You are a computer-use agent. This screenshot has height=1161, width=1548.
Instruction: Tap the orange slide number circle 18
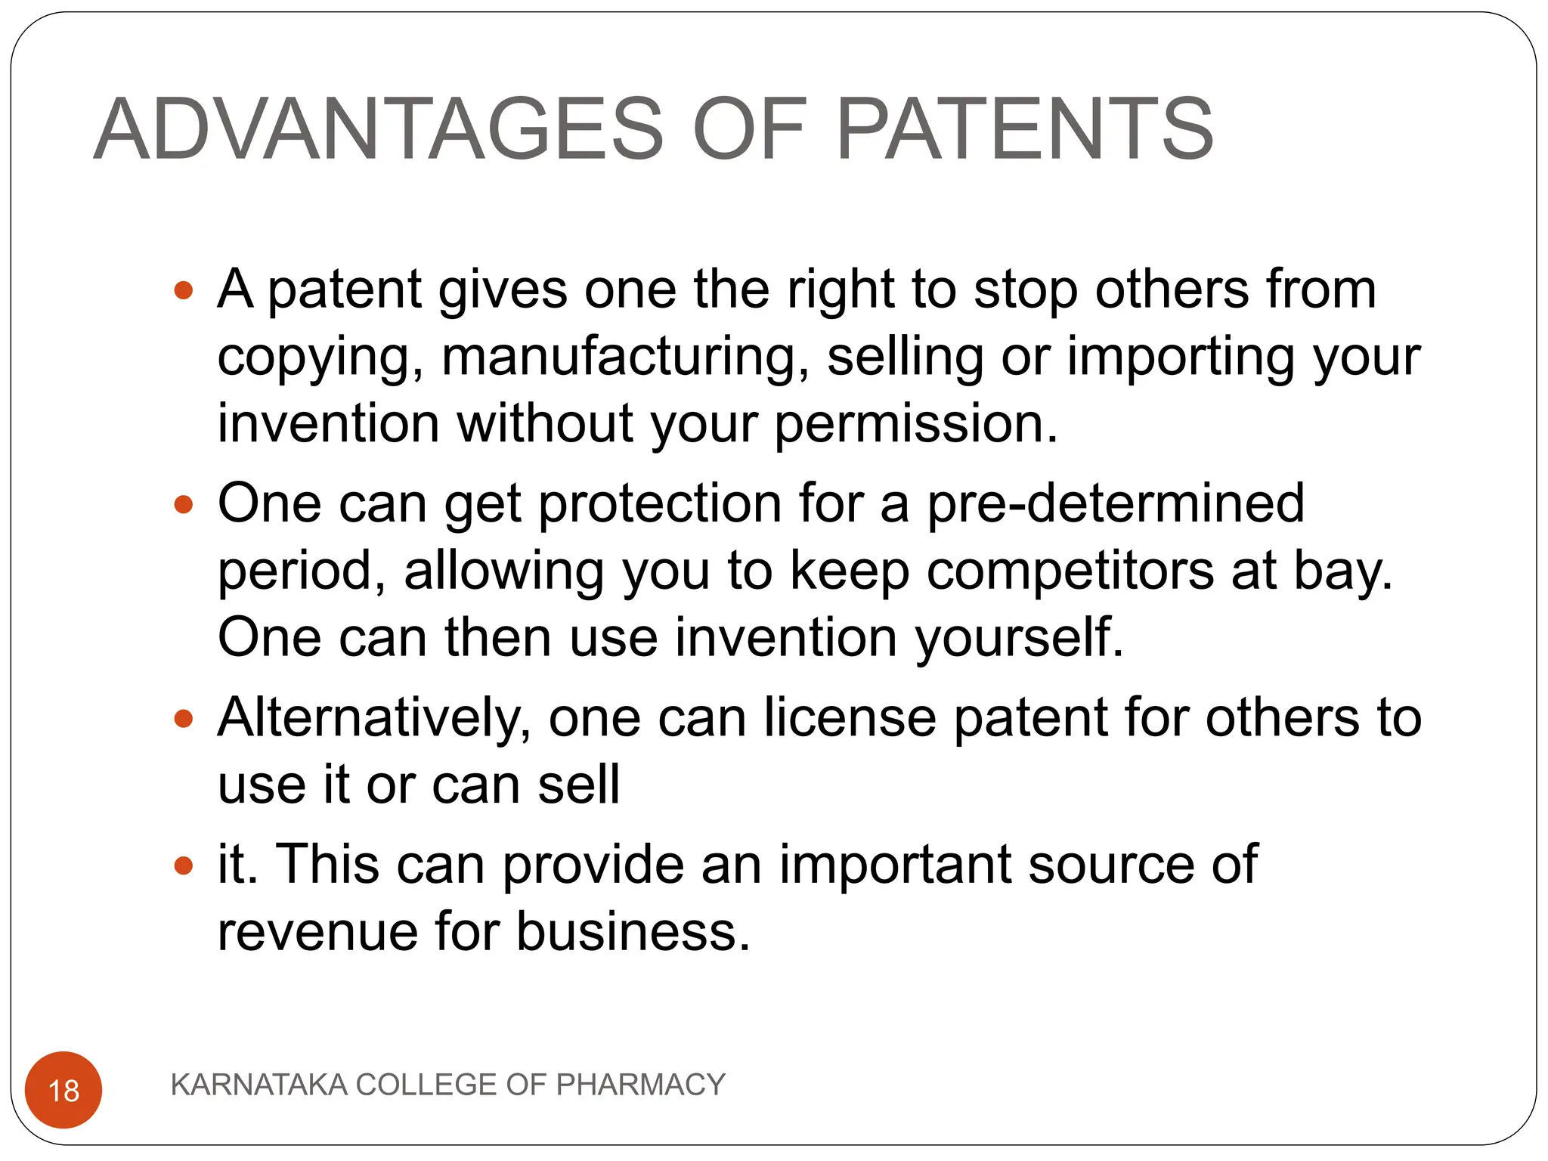tap(63, 1090)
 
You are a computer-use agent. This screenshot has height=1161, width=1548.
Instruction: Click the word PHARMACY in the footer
tap(640, 1085)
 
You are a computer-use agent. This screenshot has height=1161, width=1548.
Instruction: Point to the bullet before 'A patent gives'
tap(184, 289)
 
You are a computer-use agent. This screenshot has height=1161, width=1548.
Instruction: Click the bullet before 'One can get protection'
tap(184, 504)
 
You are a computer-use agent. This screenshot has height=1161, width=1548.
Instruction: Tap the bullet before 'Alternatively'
tap(184, 718)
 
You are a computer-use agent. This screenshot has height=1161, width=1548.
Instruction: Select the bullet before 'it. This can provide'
tap(184, 865)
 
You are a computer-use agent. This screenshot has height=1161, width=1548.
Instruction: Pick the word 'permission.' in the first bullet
tap(916, 423)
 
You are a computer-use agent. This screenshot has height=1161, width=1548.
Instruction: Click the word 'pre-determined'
tap(1116, 503)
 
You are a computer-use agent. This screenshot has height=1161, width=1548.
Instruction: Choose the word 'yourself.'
tap(1020, 637)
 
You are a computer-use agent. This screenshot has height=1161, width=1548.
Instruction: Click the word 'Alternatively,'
tap(374, 718)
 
